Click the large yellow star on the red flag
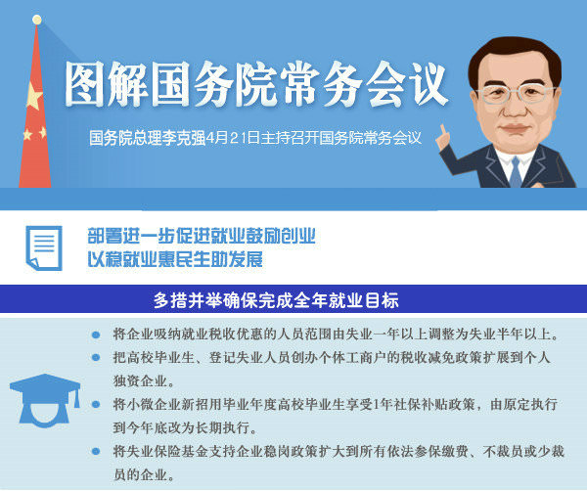pyautogui.click(x=34, y=97)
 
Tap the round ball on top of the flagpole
pyautogui.click(x=37, y=20)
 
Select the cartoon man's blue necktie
pyautogui.click(x=516, y=171)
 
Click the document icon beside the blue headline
pyautogui.click(x=44, y=247)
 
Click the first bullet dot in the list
pyautogui.click(x=96, y=335)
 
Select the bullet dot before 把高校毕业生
pyautogui.click(x=96, y=358)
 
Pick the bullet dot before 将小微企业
pyautogui.click(x=96, y=404)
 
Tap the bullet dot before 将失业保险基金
pyautogui.click(x=96, y=451)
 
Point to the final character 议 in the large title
pyautogui.click(x=428, y=84)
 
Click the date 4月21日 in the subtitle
pyautogui.click(x=233, y=138)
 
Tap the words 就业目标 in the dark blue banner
pyautogui.click(x=364, y=300)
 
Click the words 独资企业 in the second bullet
pyautogui.click(x=140, y=381)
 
